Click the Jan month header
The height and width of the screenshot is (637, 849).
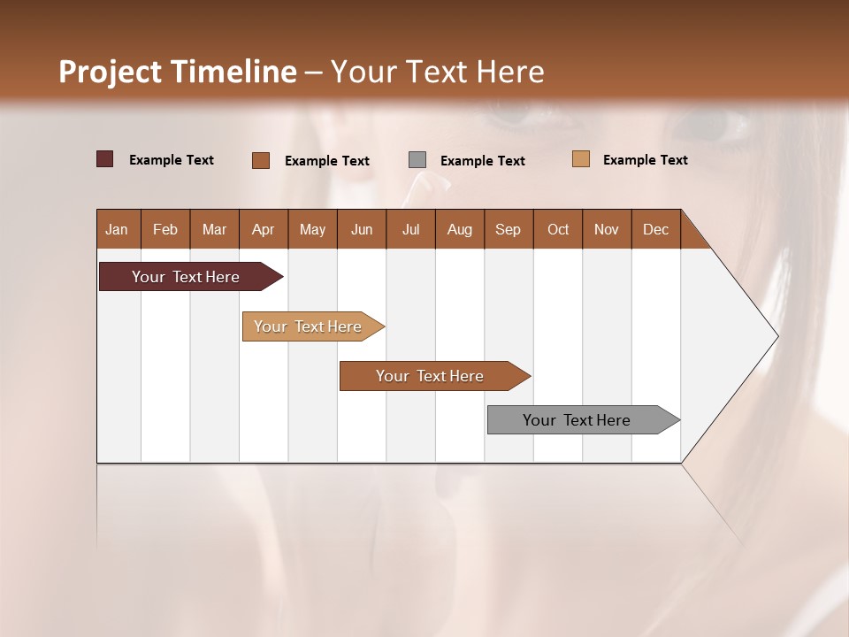click(x=118, y=229)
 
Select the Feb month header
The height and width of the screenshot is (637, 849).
click(x=165, y=229)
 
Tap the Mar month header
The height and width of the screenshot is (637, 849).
click(x=214, y=229)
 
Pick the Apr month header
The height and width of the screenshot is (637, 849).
click(x=264, y=229)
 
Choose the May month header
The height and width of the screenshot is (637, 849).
click(x=312, y=229)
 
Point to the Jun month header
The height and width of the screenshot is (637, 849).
click(x=362, y=229)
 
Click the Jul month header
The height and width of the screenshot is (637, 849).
click(x=410, y=229)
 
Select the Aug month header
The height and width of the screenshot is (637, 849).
click(x=460, y=229)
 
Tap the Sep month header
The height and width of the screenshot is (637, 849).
click(x=509, y=229)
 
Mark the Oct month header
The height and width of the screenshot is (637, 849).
click(x=558, y=229)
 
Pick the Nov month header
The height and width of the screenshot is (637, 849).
click(x=607, y=229)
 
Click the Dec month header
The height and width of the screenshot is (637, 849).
click(x=655, y=229)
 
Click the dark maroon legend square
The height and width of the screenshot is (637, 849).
click(x=104, y=159)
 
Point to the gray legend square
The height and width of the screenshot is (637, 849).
click(x=417, y=159)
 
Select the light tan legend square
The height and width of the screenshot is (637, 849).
click(x=580, y=159)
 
